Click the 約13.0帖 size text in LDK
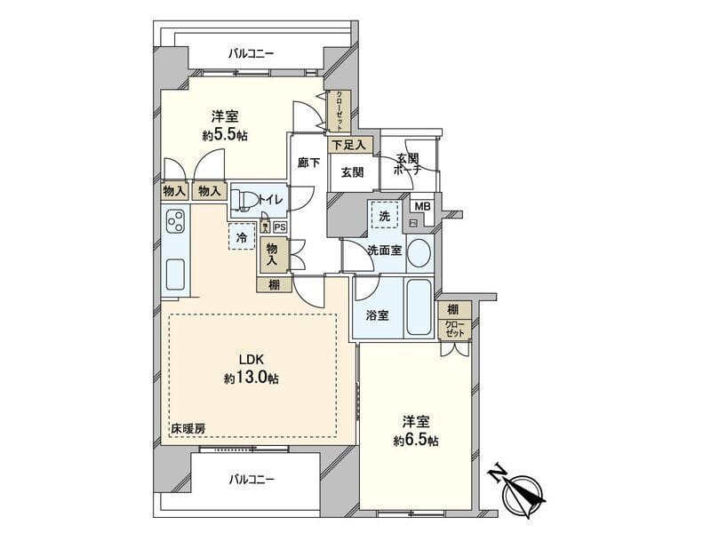[251, 378]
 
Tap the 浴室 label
[376, 314]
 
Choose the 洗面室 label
[385, 251]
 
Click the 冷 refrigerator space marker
[240, 236]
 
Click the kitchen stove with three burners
[176, 219]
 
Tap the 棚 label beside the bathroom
[454, 309]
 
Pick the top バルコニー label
[251, 54]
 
